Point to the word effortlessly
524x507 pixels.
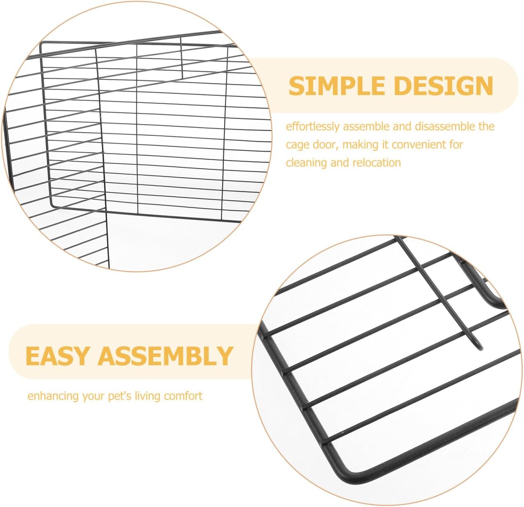coord(313,126)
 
